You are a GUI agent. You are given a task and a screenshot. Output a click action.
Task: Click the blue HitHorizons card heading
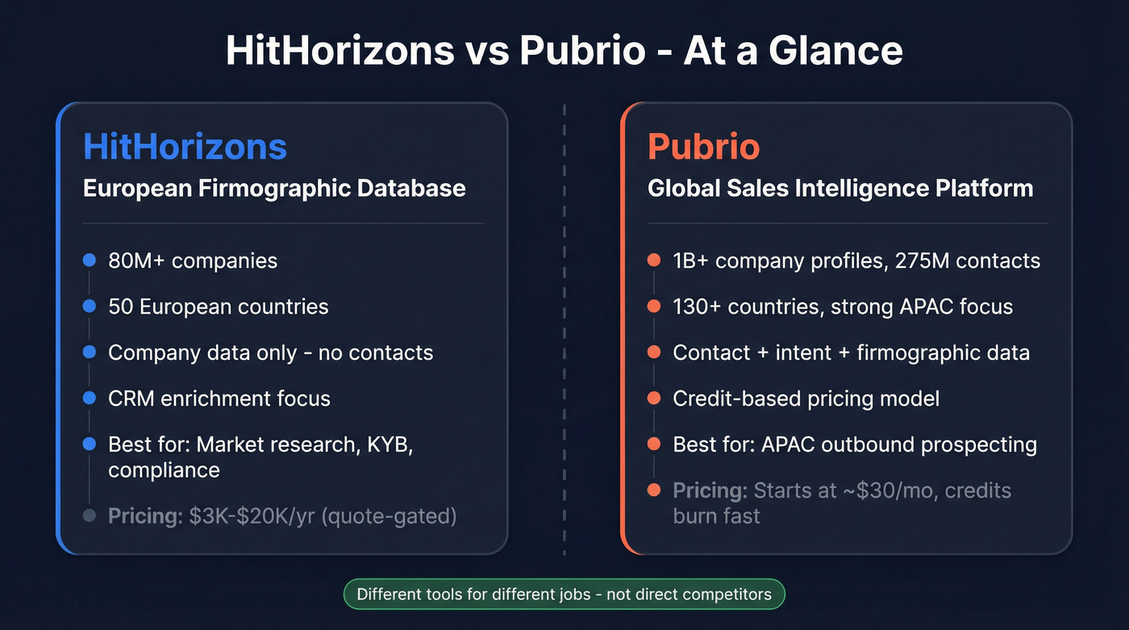coord(185,147)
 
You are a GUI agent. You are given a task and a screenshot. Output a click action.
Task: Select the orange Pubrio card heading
coord(703,147)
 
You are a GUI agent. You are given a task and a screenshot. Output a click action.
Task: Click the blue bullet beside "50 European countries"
coord(90,307)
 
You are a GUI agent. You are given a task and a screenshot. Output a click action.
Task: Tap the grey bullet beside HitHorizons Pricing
coord(90,516)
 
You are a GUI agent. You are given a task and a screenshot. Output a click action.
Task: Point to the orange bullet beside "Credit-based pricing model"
coord(654,398)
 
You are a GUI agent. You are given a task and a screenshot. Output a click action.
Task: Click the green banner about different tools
coord(564,595)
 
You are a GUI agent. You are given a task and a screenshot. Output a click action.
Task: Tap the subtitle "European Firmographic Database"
coord(274,189)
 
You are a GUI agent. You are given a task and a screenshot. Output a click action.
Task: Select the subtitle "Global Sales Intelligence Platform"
coord(840,189)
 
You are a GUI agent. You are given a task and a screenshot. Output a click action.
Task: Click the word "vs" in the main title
coord(487,51)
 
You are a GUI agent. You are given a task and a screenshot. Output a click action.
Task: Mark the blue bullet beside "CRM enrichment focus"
coord(90,398)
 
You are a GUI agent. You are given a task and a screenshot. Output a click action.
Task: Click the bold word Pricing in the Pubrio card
coord(707,490)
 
